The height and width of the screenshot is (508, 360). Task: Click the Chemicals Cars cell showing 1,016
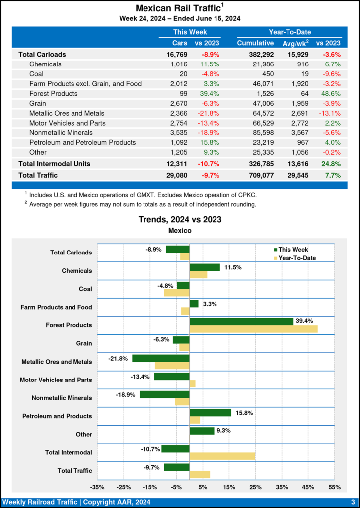178,64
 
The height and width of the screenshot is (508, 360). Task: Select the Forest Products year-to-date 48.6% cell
331,93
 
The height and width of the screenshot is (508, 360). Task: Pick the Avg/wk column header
296,43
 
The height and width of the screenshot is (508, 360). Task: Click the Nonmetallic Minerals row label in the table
61,132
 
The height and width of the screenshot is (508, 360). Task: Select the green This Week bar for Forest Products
241,321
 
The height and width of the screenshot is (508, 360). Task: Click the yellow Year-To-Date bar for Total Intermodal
222,456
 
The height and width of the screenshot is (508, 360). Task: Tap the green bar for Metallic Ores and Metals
161,358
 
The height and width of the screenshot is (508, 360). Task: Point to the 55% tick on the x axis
334,487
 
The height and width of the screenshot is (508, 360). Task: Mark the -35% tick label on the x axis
97,487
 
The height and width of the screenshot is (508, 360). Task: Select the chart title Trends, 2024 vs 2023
180,219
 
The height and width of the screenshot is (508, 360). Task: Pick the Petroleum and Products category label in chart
57,416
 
